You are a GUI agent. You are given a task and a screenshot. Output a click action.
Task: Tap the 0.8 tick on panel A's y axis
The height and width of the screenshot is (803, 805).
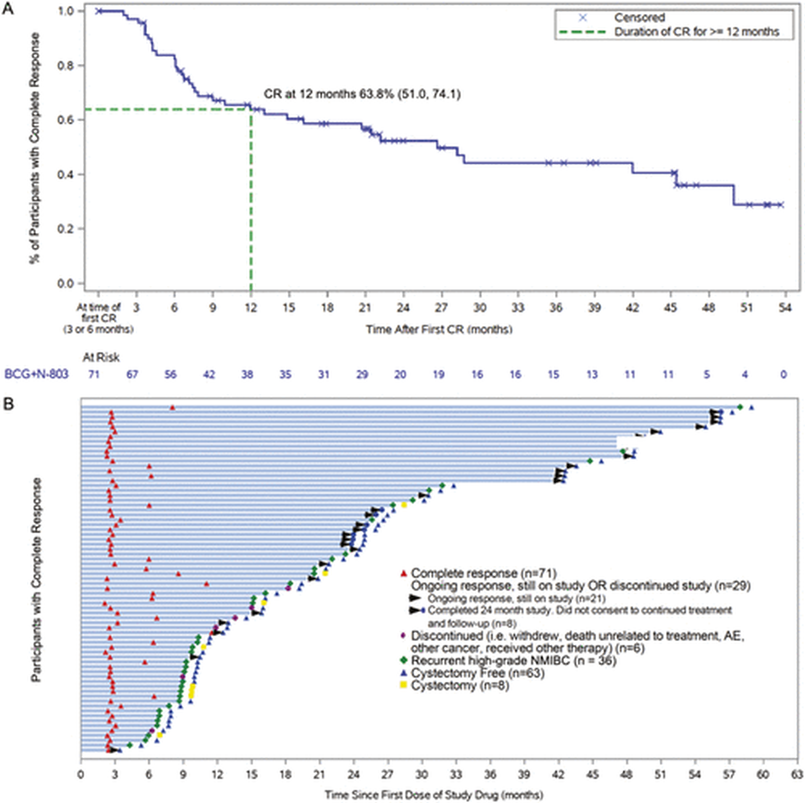pos(67,66)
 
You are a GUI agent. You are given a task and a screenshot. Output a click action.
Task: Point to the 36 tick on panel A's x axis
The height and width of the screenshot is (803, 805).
pos(555,308)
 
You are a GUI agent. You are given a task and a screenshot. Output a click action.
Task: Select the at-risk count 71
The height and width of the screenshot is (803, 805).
pos(94,374)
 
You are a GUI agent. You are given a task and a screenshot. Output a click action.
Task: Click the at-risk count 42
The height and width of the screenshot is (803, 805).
pos(209,374)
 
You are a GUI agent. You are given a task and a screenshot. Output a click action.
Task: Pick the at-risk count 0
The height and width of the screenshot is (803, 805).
pos(783,374)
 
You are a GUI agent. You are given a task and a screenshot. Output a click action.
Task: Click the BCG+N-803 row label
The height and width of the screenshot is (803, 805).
pos(36,374)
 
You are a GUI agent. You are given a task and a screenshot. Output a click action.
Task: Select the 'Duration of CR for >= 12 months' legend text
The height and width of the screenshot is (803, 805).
pos(696,32)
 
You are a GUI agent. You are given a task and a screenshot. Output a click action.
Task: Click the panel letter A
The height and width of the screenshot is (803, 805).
pos(8,9)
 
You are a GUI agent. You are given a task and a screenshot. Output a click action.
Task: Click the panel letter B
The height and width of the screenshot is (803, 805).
pos(8,404)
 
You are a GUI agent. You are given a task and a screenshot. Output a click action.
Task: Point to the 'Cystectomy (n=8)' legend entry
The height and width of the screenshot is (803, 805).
pos(454,686)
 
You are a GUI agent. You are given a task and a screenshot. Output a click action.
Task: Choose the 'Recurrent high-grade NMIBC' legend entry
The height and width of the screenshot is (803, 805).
pos(508,660)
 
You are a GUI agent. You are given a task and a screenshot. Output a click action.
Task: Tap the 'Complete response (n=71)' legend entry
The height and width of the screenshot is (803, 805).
pos(478,573)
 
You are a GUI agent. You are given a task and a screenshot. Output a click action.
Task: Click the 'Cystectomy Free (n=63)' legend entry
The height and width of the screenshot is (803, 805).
pos(472,673)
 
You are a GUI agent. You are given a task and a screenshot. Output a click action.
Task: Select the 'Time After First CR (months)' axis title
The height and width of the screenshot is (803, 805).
pos(439,329)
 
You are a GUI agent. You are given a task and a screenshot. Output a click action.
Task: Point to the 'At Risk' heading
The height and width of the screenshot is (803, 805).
pos(101,357)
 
